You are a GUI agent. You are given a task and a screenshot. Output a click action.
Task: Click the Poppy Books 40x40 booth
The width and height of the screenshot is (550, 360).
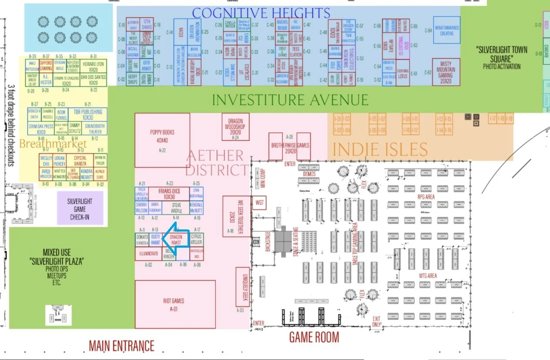tap(162, 140)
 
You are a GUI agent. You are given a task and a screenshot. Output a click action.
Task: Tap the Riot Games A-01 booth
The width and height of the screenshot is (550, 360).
tap(175, 304)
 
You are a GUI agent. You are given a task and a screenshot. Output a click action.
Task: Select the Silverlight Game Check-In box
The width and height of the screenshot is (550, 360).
tap(80, 209)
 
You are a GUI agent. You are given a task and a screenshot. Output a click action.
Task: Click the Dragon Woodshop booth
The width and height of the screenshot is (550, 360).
tap(235, 127)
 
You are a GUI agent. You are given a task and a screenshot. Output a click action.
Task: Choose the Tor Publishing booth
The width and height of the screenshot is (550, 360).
tap(88, 114)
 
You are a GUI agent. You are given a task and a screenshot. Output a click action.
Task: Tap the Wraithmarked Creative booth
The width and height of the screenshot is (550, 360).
tap(447, 30)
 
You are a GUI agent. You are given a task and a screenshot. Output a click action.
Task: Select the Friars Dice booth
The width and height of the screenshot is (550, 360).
tap(169, 193)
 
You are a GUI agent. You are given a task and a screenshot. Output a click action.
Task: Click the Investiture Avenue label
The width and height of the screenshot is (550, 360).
tap(290, 100)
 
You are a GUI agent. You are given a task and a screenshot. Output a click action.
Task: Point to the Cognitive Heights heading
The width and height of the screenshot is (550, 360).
tap(261, 13)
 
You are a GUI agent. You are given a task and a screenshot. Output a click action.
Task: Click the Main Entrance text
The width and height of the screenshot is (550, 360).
tap(121, 346)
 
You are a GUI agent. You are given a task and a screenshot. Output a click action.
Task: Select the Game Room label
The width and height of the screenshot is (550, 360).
tap(314, 337)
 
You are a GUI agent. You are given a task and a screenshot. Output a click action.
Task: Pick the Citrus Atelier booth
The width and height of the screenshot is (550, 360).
tap(196, 239)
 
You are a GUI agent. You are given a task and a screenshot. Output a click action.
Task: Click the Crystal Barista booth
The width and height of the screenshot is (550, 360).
tap(80, 161)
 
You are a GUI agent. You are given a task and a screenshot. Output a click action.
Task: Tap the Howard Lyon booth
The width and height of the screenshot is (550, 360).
tap(94, 66)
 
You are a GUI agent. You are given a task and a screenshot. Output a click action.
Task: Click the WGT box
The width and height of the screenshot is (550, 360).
tap(260, 203)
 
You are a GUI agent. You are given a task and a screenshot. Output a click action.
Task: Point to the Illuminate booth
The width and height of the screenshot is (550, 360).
tap(149, 253)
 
